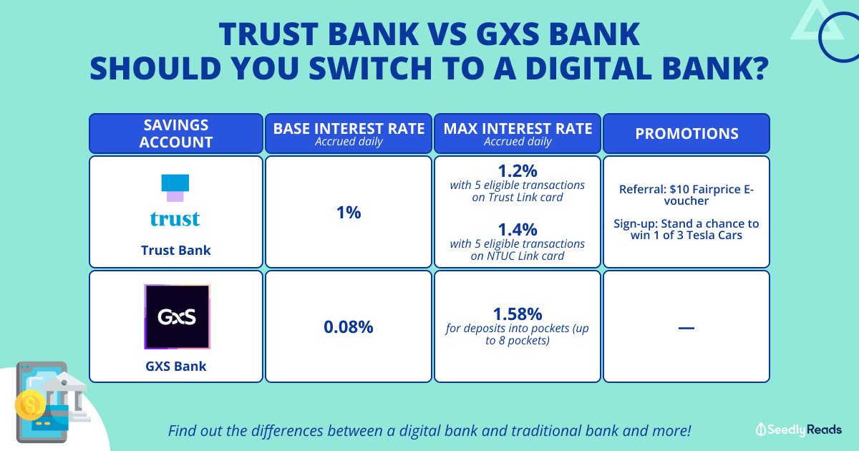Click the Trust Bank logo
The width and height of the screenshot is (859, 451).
click(175, 200)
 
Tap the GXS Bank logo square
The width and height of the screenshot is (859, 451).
click(178, 316)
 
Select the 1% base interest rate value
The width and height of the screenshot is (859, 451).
click(349, 213)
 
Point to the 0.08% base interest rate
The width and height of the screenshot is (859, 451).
click(348, 327)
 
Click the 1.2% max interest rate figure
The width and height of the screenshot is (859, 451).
click(518, 171)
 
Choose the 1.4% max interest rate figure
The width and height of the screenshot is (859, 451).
click(518, 230)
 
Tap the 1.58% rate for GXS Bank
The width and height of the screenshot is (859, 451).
click(518, 314)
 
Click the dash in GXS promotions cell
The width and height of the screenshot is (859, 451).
click(686, 328)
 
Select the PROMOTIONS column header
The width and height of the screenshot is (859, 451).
click(686, 133)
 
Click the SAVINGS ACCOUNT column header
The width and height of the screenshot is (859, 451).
click(176, 133)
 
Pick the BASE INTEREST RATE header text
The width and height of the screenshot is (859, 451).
click(349, 129)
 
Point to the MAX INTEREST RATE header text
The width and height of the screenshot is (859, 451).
click(518, 129)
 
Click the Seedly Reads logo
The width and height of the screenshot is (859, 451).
click(798, 430)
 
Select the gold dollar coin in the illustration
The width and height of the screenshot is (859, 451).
click(30, 404)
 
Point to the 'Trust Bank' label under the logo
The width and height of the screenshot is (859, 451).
click(176, 251)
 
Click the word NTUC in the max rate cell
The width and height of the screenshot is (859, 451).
click(500, 256)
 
